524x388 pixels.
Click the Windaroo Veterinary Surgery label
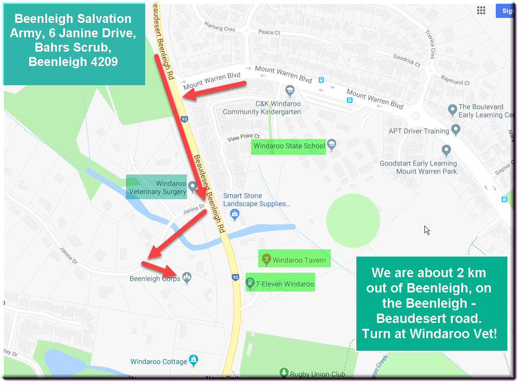point(157,187)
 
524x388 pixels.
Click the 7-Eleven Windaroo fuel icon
point(250,283)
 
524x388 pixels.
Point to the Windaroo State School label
point(289,146)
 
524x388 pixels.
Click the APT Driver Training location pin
point(456,130)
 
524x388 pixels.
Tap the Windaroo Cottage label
point(159,362)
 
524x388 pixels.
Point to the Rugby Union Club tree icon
point(283,372)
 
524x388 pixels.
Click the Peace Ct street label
point(269,32)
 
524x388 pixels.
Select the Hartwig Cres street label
point(220,26)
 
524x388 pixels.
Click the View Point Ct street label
point(243,136)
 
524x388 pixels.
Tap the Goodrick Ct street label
point(407,61)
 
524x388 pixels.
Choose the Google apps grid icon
point(481,11)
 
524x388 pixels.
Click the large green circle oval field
point(353,221)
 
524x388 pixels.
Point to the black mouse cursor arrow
point(427,230)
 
